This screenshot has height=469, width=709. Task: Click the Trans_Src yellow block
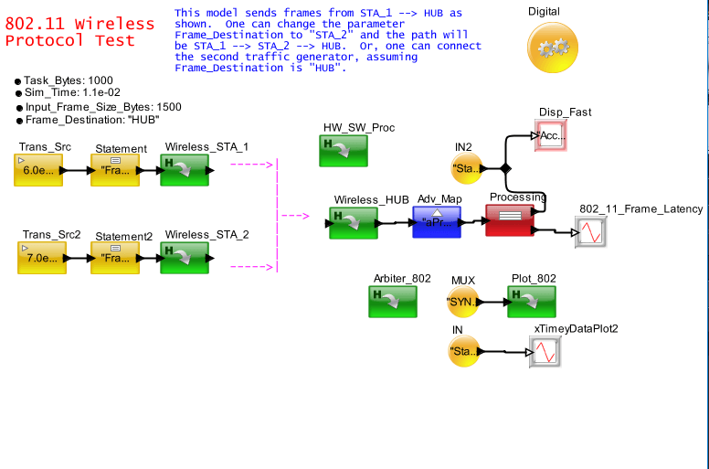tap(39, 170)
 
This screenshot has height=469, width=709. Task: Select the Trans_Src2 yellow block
tap(42, 258)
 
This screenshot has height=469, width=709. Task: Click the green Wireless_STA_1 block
tap(184, 170)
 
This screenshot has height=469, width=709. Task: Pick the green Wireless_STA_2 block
tap(184, 258)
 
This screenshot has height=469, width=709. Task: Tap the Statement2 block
tap(116, 258)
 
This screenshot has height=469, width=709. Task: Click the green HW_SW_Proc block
tap(343, 151)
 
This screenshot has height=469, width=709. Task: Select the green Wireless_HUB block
tap(353, 222)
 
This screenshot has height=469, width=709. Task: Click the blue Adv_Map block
tap(436, 222)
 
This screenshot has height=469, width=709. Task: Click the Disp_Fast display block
tap(552, 135)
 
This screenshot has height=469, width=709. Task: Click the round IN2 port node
tap(467, 168)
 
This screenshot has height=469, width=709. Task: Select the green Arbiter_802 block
tap(393, 302)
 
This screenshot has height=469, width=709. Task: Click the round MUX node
tap(463, 301)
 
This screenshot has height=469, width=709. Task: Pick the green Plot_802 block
tap(532, 301)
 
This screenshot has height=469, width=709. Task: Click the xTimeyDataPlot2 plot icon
tap(545, 351)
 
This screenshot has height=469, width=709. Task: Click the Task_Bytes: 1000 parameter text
tap(69, 80)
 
